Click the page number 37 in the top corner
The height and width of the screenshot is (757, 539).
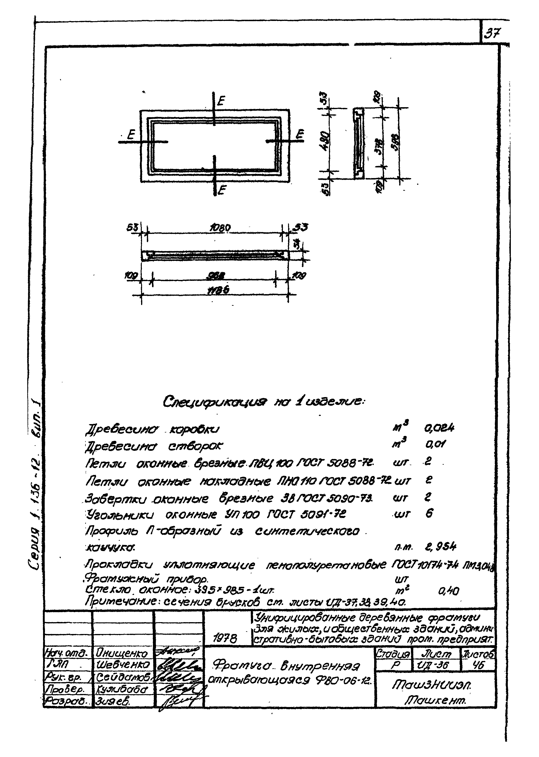pyautogui.click(x=493, y=33)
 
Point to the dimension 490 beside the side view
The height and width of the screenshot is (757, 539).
pyautogui.click(x=325, y=141)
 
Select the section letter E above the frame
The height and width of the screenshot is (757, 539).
pyautogui.click(x=221, y=101)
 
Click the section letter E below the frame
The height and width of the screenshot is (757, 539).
pyautogui.click(x=222, y=190)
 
